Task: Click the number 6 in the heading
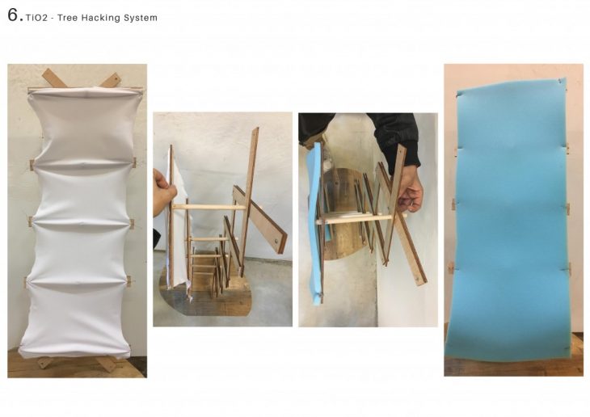[13, 15]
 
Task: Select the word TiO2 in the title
[37, 18]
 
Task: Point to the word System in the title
[141, 18]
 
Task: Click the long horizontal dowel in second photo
[209, 207]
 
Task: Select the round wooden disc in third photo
[344, 214]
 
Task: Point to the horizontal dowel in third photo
[361, 220]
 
